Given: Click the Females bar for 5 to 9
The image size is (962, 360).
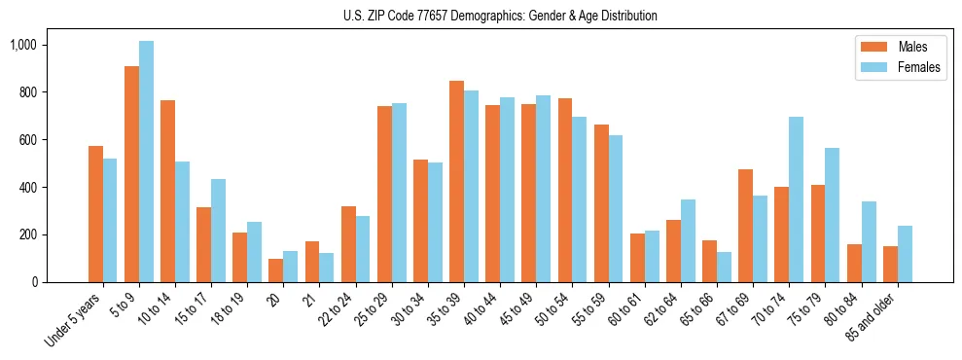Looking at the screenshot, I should pyautogui.click(x=146, y=162).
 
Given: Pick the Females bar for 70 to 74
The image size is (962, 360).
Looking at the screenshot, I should pyautogui.click(x=797, y=199).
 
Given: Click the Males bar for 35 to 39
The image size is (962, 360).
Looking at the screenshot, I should pyautogui.click(x=456, y=182).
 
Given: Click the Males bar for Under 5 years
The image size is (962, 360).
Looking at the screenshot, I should pyautogui.click(x=95, y=214).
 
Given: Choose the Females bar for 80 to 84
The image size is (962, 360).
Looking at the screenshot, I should pyautogui.click(x=869, y=241).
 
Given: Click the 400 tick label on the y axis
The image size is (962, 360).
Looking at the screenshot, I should pyautogui.click(x=53, y=187).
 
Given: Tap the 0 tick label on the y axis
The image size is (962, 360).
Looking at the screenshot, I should pyautogui.click(x=60, y=282).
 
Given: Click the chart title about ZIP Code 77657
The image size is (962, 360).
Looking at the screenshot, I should pyautogui.click(x=500, y=16).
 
